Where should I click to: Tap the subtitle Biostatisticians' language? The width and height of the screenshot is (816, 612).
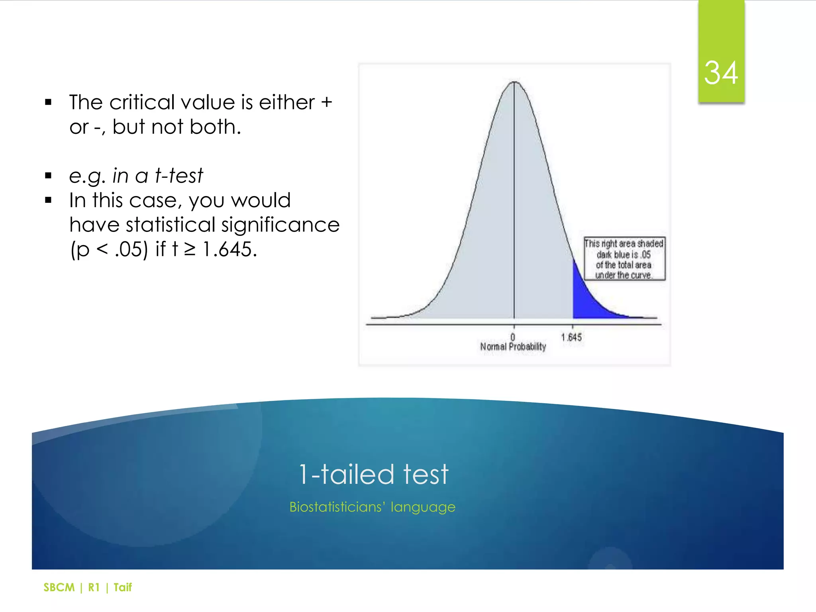[372, 507]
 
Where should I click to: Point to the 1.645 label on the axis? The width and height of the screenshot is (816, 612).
[571, 337]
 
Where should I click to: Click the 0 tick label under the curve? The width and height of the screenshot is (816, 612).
[513, 337]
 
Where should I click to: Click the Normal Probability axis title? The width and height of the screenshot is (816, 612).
[513, 347]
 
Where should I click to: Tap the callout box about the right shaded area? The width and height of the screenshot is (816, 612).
[624, 259]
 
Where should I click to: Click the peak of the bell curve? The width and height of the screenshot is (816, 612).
[514, 82]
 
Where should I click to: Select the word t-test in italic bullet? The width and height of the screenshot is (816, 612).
[179, 176]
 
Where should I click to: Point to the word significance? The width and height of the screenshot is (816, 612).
[280, 225]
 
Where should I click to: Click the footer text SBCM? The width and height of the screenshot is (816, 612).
[59, 587]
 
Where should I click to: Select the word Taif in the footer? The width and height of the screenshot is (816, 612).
[122, 587]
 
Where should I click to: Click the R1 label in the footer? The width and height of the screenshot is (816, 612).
[94, 587]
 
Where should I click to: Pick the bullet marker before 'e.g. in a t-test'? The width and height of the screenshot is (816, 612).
[49, 176]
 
